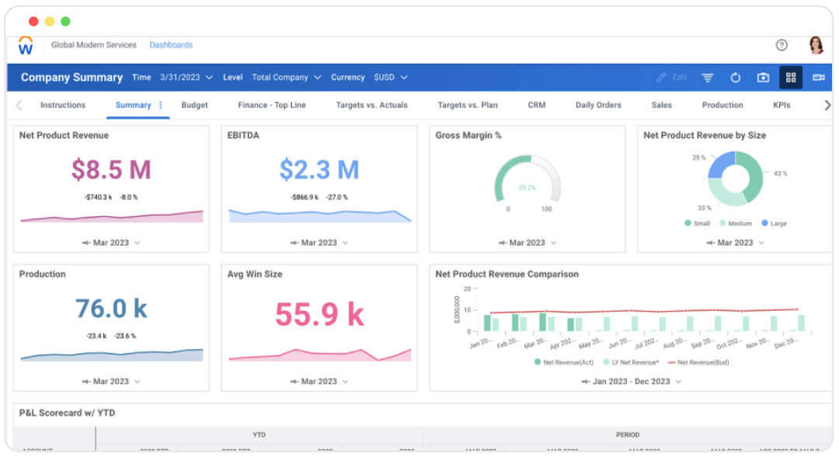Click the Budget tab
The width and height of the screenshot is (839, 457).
[194, 105]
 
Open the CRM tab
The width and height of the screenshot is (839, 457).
[536, 105]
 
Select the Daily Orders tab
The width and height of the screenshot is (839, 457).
[598, 105]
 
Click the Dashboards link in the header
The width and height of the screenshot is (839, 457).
[171, 45]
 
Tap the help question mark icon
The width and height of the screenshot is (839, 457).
[782, 45]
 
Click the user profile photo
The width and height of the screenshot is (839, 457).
[816, 45]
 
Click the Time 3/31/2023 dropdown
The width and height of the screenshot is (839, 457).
[186, 78]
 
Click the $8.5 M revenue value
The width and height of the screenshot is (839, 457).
[111, 169]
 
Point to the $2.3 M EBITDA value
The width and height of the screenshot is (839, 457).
[319, 169]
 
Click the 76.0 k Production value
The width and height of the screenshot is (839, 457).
[111, 309]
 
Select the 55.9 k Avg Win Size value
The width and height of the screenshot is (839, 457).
[319, 314]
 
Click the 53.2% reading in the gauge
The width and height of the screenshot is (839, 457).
[527, 187]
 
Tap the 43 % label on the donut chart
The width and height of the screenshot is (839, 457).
[780, 173]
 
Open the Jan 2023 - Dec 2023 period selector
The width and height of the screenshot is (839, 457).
[631, 382]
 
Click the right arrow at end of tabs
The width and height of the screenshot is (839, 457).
[827, 105]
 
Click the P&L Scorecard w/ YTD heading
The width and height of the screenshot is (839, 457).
[67, 413]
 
